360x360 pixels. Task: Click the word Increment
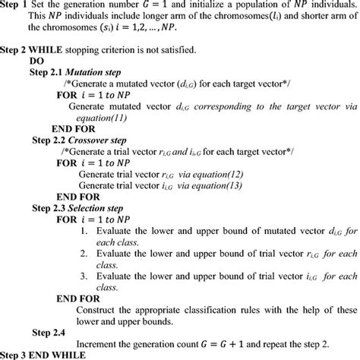[105, 343]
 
